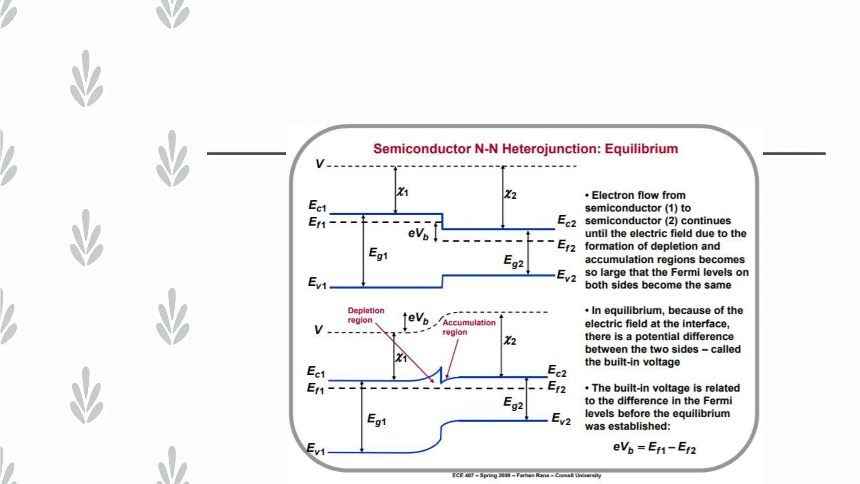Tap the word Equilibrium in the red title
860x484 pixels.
click(x=641, y=149)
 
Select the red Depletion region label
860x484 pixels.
click(x=366, y=315)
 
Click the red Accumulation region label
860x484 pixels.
click(x=469, y=327)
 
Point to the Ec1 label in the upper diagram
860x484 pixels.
click(x=317, y=206)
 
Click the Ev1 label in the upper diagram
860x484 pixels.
click(x=317, y=283)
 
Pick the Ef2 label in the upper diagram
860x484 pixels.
click(x=566, y=245)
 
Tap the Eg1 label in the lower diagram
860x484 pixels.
click(x=377, y=419)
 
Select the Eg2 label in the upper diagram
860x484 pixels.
click(x=513, y=261)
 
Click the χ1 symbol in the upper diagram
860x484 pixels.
click(x=403, y=192)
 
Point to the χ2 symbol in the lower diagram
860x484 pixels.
click(x=510, y=340)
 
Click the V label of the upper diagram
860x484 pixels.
click(x=320, y=164)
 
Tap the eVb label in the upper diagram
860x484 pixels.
click(x=418, y=234)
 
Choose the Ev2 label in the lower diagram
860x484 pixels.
click(x=561, y=419)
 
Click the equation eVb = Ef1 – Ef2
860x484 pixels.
click(x=654, y=447)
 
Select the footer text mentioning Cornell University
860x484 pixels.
click(x=527, y=476)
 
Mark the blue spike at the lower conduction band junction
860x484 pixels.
click(x=440, y=373)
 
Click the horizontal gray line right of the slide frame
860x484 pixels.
click(x=794, y=154)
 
